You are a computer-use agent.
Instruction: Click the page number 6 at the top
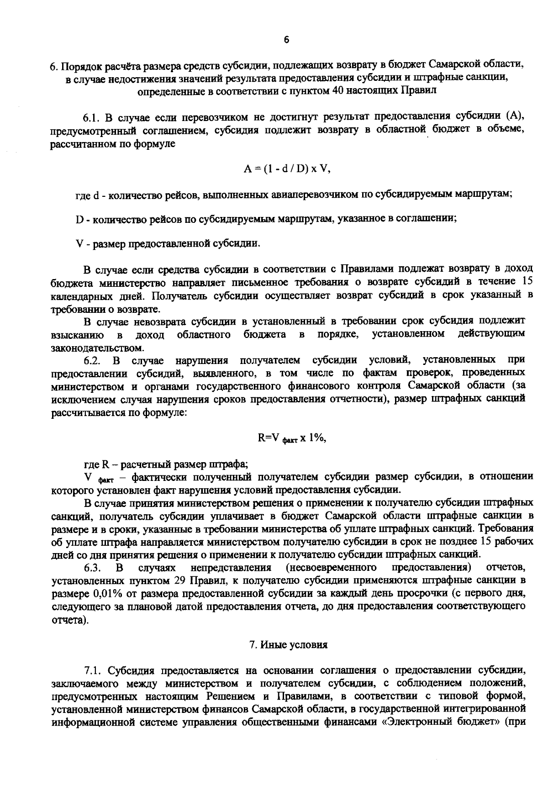pos(286,40)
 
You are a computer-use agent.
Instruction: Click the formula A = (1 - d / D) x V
pos(287,169)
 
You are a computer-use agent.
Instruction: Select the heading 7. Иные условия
pos(288,645)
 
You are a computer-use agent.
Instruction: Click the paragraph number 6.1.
pos(91,118)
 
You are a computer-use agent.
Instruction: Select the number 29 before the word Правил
pos(180,581)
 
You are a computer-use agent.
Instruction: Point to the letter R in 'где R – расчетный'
pos(105,464)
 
